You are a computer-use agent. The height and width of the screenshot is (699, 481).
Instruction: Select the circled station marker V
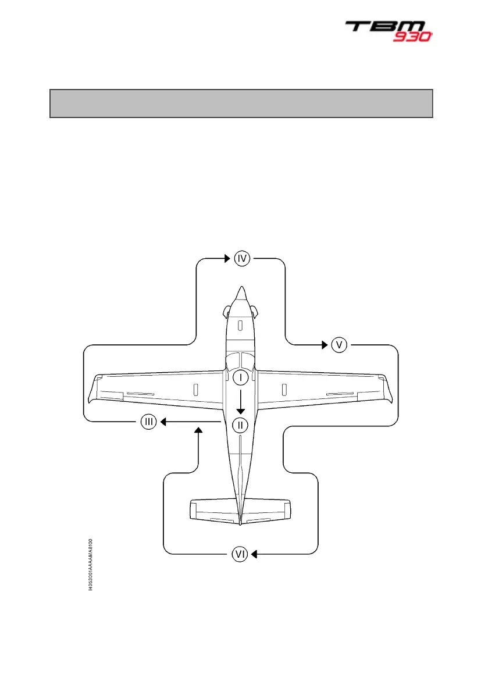click(x=339, y=345)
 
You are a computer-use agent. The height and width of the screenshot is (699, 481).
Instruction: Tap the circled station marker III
click(x=149, y=422)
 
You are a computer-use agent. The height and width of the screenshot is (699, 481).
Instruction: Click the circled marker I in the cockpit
click(x=240, y=377)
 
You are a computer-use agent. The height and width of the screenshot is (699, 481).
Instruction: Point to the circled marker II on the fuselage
click(x=240, y=425)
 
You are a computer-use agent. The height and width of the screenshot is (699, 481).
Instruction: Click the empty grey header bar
click(x=241, y=104)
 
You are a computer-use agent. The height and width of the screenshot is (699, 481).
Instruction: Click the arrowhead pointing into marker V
click(x=325, y=345)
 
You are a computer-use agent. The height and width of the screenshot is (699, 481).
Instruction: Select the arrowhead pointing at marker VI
click(x=254, y=555)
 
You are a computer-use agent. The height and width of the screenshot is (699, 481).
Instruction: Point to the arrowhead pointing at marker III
click(x=163, y=422)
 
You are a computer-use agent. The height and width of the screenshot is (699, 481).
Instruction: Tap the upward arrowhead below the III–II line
click(x=199, y=430)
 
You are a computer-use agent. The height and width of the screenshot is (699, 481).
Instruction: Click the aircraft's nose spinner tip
click(x=240, y=288)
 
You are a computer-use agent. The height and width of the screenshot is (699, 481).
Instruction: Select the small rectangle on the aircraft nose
click(x=240, y=326)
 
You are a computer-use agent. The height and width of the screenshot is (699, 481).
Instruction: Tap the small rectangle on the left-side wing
click(x=195, y=388)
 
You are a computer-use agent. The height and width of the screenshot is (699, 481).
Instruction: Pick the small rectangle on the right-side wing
click(x=284, y=388)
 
